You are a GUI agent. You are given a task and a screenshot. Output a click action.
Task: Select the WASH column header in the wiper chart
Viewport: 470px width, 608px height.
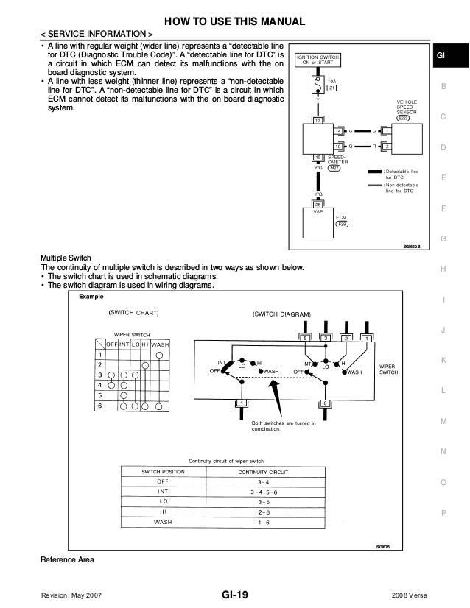coord(160,344)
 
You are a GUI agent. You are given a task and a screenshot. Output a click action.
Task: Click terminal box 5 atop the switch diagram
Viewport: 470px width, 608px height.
coord(306,337)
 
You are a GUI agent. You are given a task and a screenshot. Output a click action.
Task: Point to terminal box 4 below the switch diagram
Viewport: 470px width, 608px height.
coord(239,403)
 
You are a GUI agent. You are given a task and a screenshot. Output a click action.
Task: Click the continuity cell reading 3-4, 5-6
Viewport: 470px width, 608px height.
coord(263,491)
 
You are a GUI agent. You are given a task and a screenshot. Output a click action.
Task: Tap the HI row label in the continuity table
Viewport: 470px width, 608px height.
coord(163,512)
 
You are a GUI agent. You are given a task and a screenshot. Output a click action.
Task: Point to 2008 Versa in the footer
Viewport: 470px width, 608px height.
coord(411,595)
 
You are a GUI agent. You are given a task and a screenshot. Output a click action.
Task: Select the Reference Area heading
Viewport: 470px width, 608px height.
coord(67,560)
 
